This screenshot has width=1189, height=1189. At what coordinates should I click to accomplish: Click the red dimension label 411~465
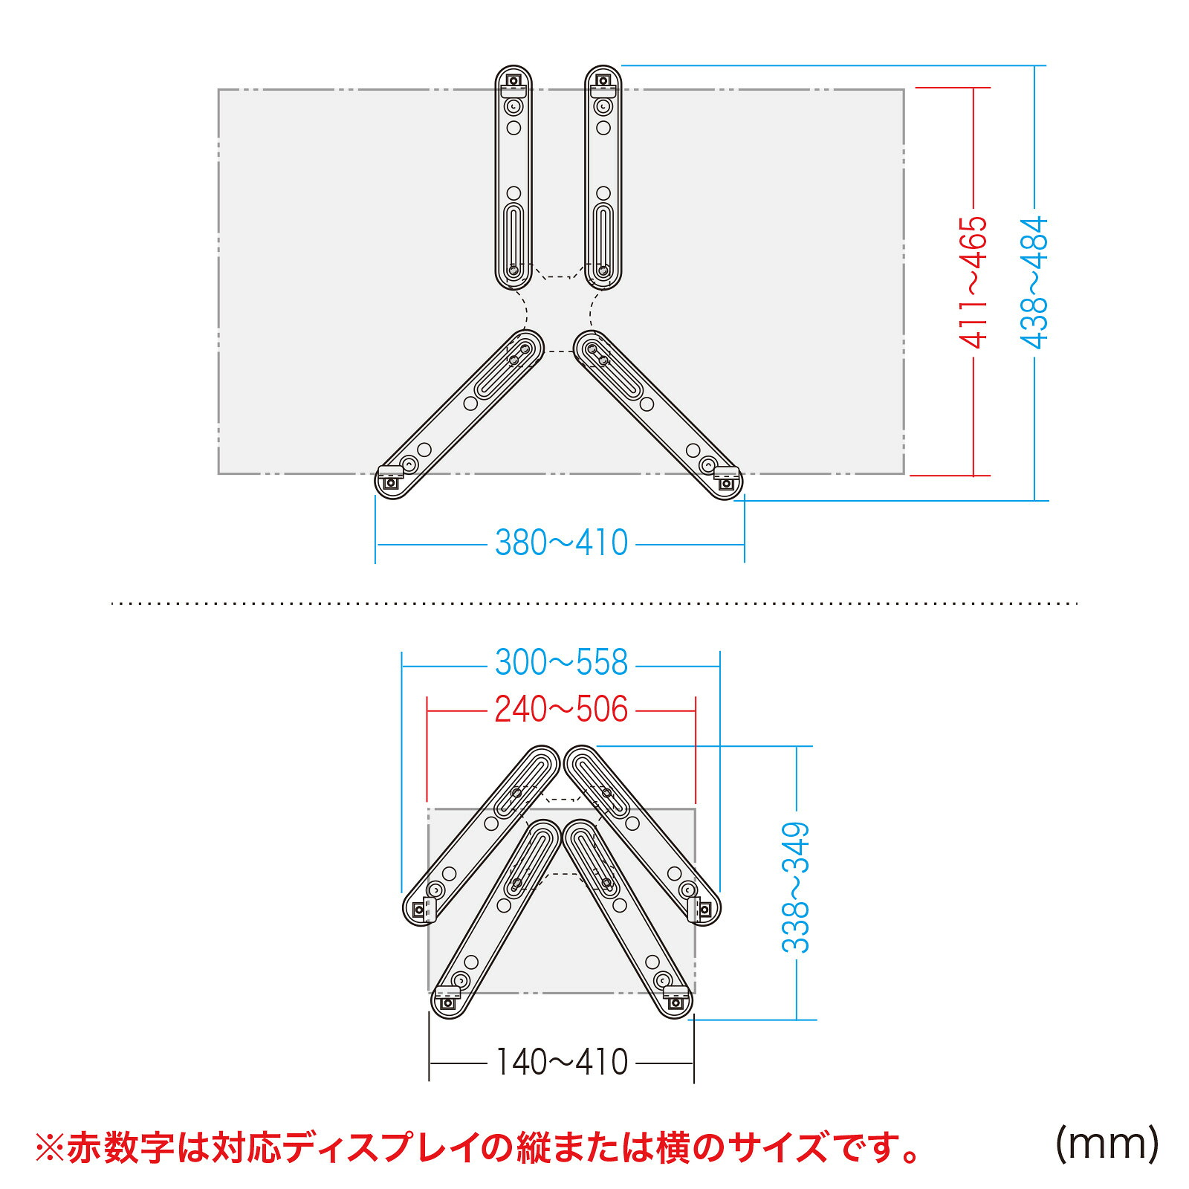(x=973, y=282)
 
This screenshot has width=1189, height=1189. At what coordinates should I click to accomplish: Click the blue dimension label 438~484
(x=1034, y=282)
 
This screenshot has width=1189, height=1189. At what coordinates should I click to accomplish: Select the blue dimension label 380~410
(x=562, y=543)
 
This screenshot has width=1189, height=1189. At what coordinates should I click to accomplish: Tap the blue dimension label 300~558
(x=562, y=663)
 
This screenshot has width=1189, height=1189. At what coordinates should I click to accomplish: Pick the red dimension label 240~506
(x=562, y=710)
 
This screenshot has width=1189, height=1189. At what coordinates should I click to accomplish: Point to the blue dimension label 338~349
(x=795, y=887)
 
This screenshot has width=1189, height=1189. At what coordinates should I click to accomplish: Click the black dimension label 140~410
(x=562, y=1063)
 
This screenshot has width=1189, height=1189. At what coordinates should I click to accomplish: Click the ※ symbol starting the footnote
(x=50, y=1148)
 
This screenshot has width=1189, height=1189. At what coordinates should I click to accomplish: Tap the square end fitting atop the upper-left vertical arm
(x=513, y=80)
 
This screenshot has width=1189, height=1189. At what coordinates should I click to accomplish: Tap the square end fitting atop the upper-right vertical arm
(x=603, y=80)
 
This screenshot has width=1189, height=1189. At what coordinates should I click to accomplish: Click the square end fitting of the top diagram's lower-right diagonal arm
(x=726, y=484)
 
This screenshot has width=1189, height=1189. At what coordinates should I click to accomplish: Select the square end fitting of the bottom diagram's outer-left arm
(x=419, y=910)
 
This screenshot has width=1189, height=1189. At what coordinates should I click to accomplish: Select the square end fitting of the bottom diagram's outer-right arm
(x=704, y=908)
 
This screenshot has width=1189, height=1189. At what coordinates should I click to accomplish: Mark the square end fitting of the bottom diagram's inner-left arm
(x=447, y=1003)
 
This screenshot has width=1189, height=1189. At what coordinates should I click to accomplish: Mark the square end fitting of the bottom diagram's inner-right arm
(x=676, y=1003)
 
